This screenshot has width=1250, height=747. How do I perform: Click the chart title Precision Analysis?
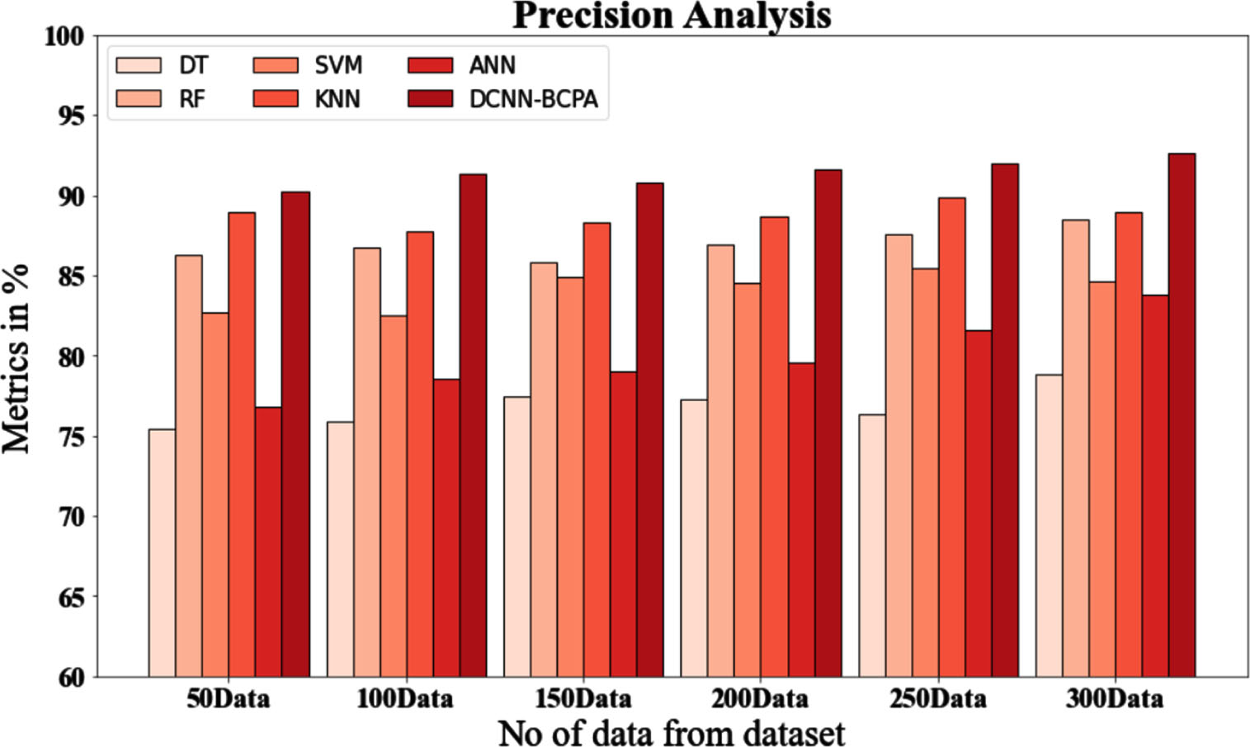pyautogui.click(x=672, y=16)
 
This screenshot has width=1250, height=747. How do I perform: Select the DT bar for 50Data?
pyautogui.click(x=162, y=553)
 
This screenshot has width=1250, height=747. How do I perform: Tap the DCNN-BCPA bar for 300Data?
pyautogui.click(x=1182, y=415)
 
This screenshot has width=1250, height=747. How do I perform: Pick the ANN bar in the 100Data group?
pyautogui.click(x=446, y=528)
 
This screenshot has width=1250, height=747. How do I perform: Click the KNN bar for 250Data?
pyautogui.click(x=951, y=437)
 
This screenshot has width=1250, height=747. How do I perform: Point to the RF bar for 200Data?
pyautogui.click(x=720, y=461)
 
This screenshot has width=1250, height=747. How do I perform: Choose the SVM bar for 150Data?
pyautogui.click(x=570, y=477)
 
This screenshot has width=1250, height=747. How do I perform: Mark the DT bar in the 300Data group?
pyautogui.click(x=1050, y=526)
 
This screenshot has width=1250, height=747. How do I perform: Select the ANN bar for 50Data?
pyautogui.click(x=268, y=542)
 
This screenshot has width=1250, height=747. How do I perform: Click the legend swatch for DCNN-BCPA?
pyautogui.click(x=430, y=99)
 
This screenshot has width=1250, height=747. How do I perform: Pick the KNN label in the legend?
pyautogui.click(x=337, y=99)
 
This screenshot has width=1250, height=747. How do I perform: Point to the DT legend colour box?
pyautogui.click(x=139, y=65)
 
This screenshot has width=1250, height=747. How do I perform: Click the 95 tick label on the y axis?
pyautogui.click(x=71, y=116)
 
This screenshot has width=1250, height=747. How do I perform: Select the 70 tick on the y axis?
pyautogui.click(x=71, y=518)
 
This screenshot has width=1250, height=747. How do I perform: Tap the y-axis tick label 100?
pyautogui.click(x=64, y=37)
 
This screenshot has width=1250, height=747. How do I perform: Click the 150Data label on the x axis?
pyautogui.click(x=583, y=698)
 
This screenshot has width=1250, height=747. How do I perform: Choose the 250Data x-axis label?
pyautogui.click(x=938, y=698)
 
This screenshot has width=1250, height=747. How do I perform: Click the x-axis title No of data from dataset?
pyautogui.click(x=672, y=732)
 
